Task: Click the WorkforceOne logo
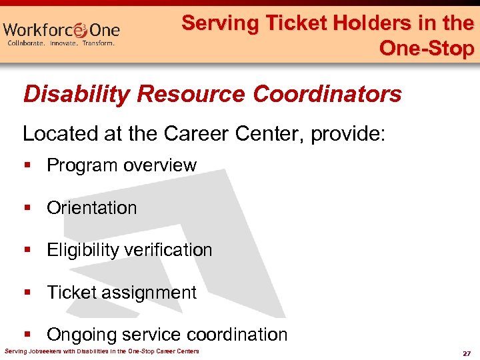click(x=61, y=31)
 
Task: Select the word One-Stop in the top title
click(x=427, y=48)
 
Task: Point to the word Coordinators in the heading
click(x=327, y=94)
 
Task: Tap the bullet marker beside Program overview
click(x=27, y=165)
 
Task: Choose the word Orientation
click(x=91, y=208)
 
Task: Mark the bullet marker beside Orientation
click(x=27, y=208)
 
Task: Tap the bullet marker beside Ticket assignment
click(x=27, y=293)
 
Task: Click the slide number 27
click(x=466, y=353)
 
